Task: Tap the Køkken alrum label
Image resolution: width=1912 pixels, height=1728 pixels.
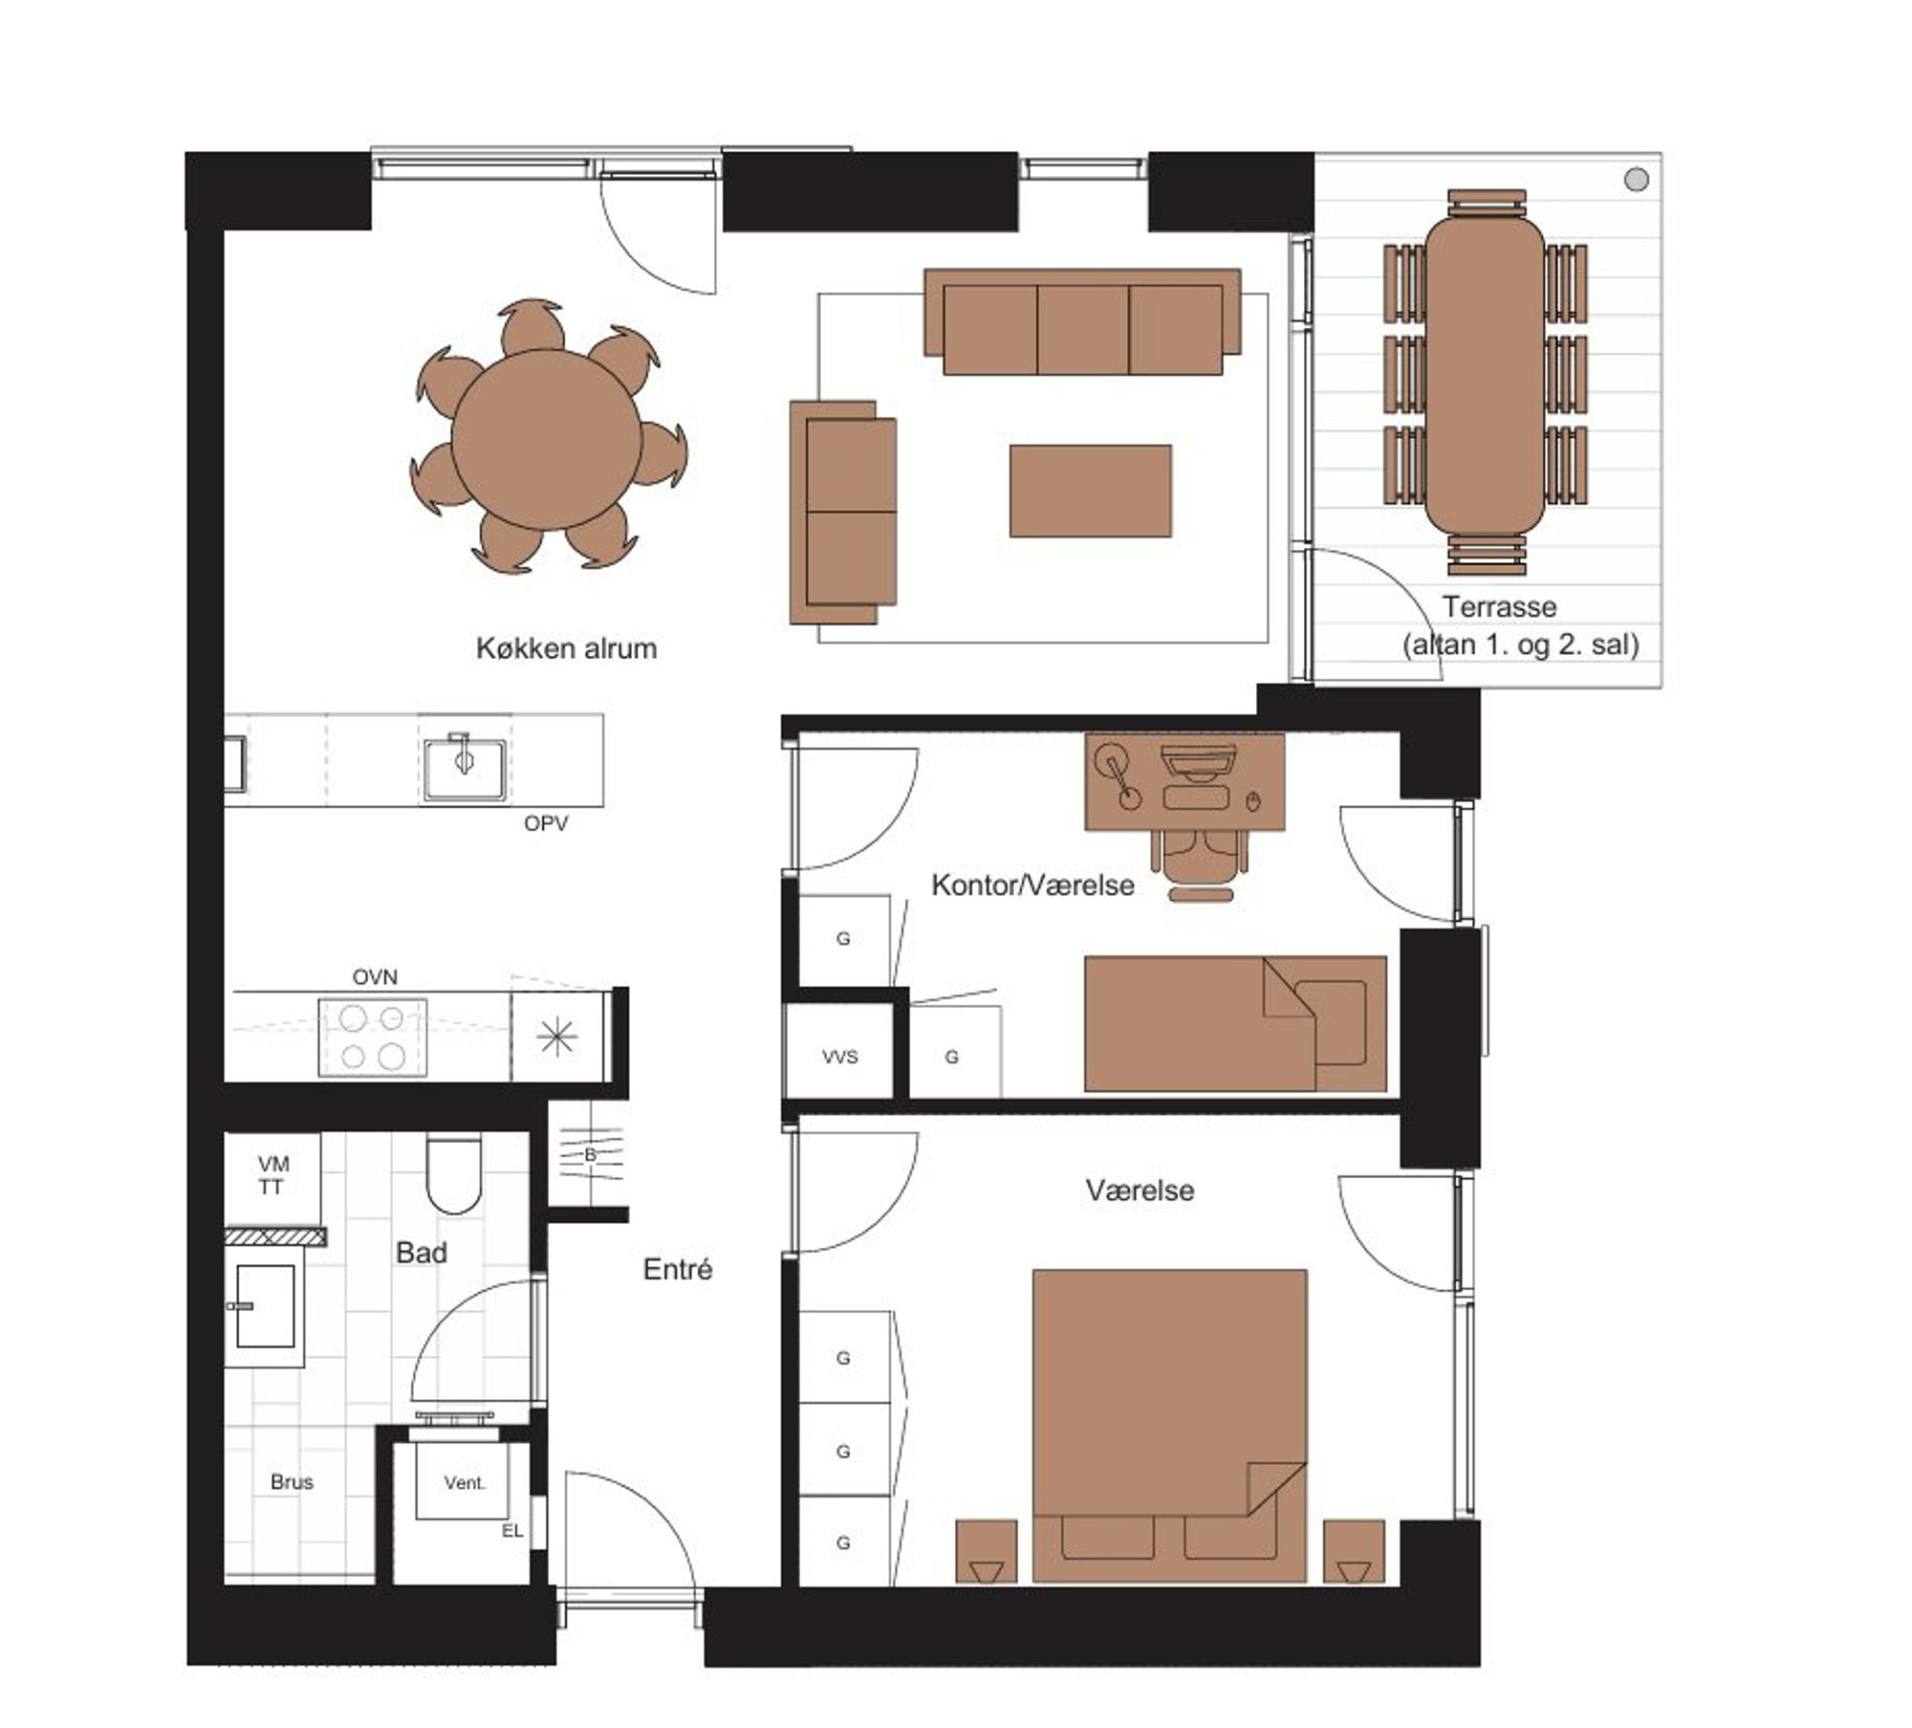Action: coord(566,648)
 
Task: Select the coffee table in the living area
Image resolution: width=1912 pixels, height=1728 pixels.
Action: coord(1090,491)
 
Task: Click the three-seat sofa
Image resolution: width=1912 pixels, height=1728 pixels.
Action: coord(1082,321)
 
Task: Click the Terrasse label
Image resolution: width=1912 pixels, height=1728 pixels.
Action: coord(1499,606)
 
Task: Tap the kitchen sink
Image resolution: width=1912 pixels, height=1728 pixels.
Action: coord(465,765)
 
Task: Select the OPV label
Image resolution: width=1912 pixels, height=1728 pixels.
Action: coord(546,823)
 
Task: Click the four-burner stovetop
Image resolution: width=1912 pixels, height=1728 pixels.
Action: coord(373,1038)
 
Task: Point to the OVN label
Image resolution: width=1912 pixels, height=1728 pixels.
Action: coord(375,977)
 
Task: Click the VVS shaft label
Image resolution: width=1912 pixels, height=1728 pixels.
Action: coord(840,1057)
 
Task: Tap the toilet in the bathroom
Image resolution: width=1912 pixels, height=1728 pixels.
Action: coord(453,1174)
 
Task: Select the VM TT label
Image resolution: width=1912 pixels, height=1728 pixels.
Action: coord(272,1175)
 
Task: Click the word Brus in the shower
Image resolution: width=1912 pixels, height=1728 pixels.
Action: coord(292,1481)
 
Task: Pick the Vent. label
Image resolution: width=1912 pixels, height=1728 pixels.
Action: coord(465,1482)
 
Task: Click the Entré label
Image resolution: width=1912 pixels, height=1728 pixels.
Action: coord(678,1269)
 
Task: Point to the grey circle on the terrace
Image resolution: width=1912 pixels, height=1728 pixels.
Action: coord(1637,179)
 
